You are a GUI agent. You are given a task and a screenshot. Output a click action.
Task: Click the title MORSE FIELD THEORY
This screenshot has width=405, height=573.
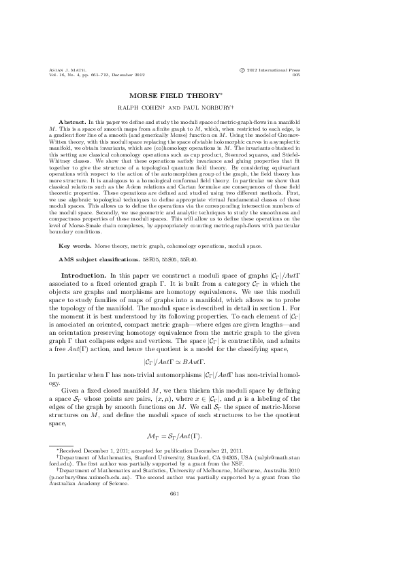click(x=202, y=95)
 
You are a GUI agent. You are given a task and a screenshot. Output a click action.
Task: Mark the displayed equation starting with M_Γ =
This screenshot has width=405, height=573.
click(x=202, y=434)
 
